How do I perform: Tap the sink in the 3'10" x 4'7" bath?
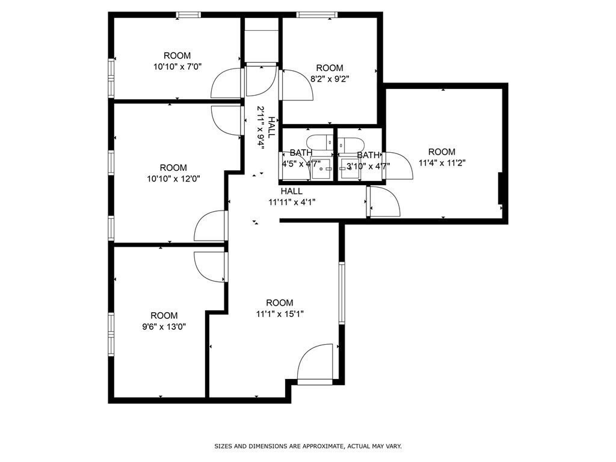pos(348,167)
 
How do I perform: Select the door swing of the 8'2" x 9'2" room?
pos(296,85)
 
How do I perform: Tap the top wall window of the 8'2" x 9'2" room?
pos(317,15)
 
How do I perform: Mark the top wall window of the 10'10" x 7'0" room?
pos(188,15)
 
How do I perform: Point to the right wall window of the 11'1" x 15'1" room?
pos(341,292)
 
